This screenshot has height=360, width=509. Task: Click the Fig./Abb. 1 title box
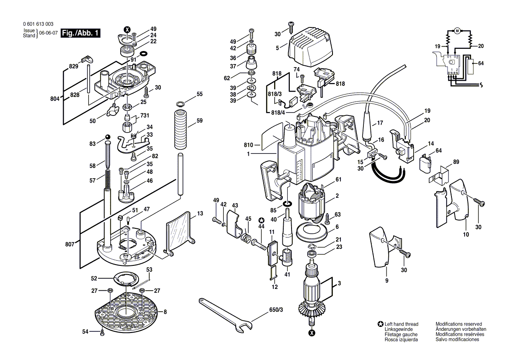click(80, 33)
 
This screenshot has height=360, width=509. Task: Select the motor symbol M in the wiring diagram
click(457, 31)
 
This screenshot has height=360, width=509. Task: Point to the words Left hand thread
click(401, 324)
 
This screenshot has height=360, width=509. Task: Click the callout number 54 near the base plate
click(85, 332)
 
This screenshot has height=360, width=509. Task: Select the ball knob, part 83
click(107, 138)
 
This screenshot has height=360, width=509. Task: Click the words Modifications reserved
click(458, 324)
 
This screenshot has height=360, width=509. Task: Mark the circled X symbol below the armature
click(312, 333)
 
